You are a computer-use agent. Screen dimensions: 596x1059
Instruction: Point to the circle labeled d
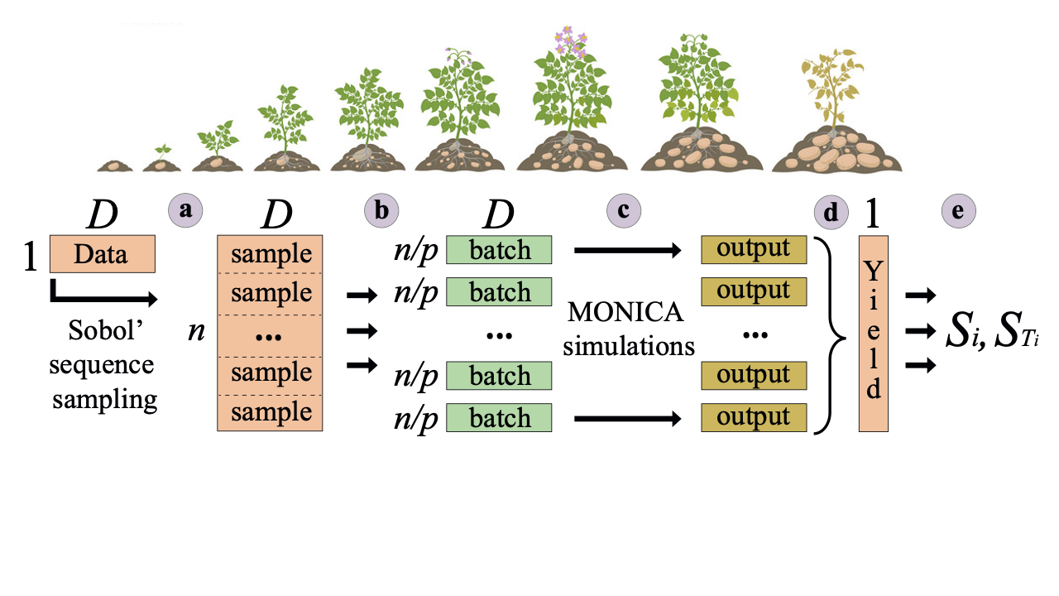831,213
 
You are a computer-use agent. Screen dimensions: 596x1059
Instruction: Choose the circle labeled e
958,211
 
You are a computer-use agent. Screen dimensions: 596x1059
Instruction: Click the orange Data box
103,254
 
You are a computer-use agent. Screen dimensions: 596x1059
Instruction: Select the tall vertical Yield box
874,334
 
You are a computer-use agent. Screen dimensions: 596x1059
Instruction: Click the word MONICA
625,313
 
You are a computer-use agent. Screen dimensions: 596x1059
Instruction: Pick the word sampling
104,400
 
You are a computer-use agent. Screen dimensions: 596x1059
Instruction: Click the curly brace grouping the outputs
830,334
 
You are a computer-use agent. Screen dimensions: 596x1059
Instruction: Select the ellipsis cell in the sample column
270,334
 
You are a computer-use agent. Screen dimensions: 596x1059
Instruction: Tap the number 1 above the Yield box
871,214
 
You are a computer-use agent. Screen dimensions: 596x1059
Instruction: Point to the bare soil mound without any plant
114,165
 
